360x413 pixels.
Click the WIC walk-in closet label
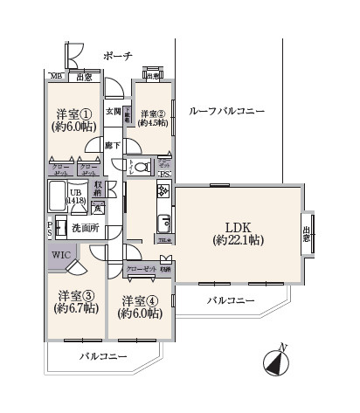[61, 255]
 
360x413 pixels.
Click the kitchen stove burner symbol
[163, 192]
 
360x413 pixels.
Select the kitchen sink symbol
[163, 219]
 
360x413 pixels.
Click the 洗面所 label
[84, 229]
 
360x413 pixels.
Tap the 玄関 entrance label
[114, 111]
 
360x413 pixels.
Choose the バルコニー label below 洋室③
[102, 357]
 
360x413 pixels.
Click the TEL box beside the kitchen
[163, 241]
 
